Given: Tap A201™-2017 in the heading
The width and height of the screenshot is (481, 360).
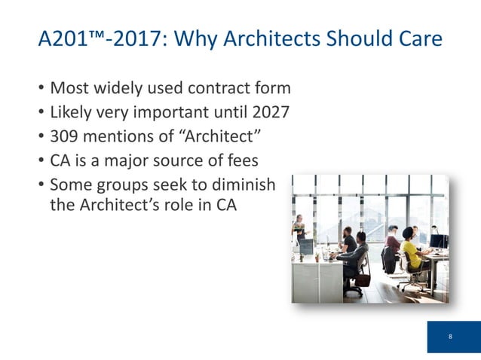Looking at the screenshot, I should [x=98, y=38].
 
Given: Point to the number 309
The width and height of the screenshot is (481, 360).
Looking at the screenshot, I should [x=66, y=137].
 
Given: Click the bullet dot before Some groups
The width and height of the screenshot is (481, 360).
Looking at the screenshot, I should [x=41, y=185].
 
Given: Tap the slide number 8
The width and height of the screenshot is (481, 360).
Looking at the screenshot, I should [x=450, y=336].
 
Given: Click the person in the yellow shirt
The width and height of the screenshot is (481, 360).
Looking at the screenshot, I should [x=411, y=252].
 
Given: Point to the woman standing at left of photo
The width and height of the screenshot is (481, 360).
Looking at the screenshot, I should [x=300, y=229].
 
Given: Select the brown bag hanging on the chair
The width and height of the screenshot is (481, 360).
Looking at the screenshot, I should [x=364, y=279].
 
